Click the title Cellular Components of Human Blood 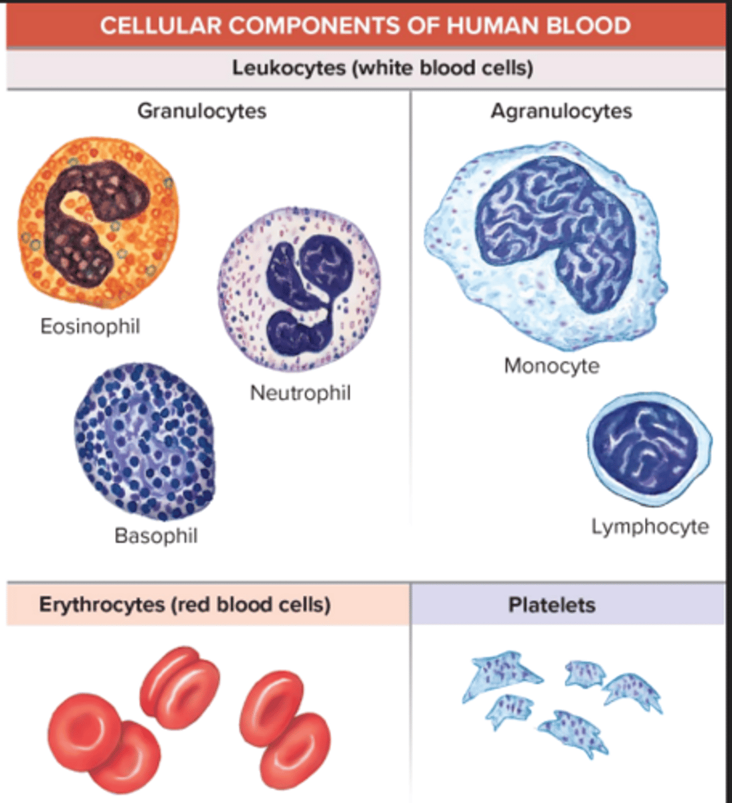[x=365, y=26]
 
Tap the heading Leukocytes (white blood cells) [x=382, y=68]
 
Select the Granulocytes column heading [x=201, y=110]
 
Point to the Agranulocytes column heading [x=561, y=110]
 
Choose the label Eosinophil [x=90, y=327]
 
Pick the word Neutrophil [x=300, y=393]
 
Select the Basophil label [x=156, y=536]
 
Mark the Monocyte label [x=551, y=366]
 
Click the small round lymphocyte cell [x=648, y=448]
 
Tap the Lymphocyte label [x=650, y=527]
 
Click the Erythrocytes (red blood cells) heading [x=185, y=605]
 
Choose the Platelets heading [x=551, y=605]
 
